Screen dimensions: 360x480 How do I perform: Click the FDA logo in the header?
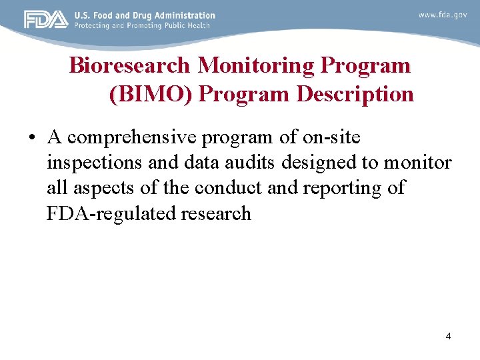point(46,19)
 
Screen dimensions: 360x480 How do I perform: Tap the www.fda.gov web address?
point(443,15)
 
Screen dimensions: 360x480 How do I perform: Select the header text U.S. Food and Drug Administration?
point(145,15)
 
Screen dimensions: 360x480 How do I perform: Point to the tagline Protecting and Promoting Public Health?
point(142,25)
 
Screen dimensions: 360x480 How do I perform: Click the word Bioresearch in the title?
point(131,65)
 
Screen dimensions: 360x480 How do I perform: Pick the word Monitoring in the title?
point(257,65)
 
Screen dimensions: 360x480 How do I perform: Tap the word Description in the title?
point(355,94)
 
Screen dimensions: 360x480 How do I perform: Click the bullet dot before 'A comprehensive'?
point(31,138)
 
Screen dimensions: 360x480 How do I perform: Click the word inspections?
point(93,163)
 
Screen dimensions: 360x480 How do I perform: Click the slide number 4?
point(448,336)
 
